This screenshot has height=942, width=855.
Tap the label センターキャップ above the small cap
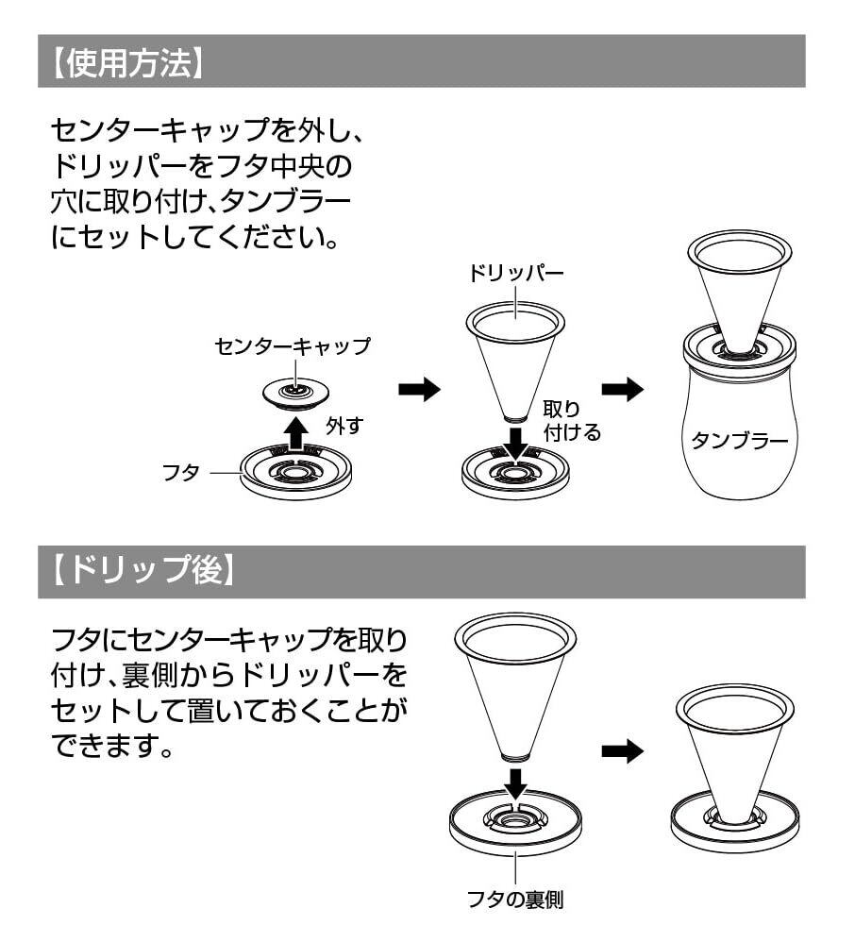click(293, 346)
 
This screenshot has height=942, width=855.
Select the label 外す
click(344, 426)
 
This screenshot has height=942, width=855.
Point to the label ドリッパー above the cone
click(515, 274)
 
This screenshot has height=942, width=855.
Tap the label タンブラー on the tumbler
click(740, 440)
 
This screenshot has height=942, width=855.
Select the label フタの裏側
click(515, 900)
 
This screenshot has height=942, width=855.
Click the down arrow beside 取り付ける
click(514, 440)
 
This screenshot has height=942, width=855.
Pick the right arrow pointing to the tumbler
click(622, 389)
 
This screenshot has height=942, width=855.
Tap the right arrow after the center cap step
click(419, 389)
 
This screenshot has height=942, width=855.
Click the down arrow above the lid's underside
click(514, 781)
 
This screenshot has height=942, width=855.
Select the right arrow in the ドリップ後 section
click(622, 751)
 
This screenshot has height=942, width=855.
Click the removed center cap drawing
click(296, 393)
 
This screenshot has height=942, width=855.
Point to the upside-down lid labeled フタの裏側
click(515, 821)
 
